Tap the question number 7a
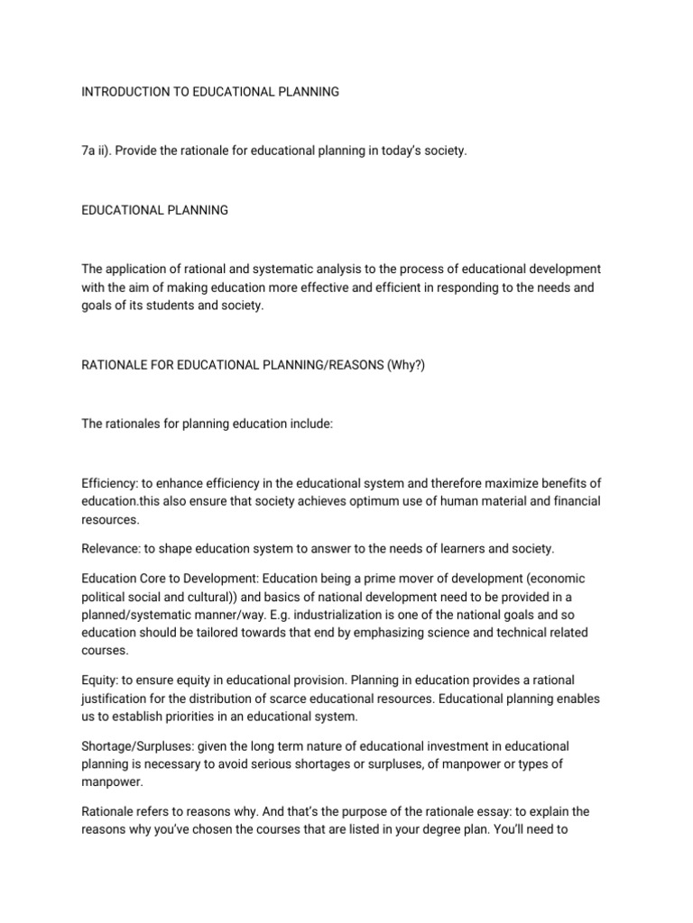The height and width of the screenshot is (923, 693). pos(89,151)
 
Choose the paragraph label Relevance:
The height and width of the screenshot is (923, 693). pos(112,550)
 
